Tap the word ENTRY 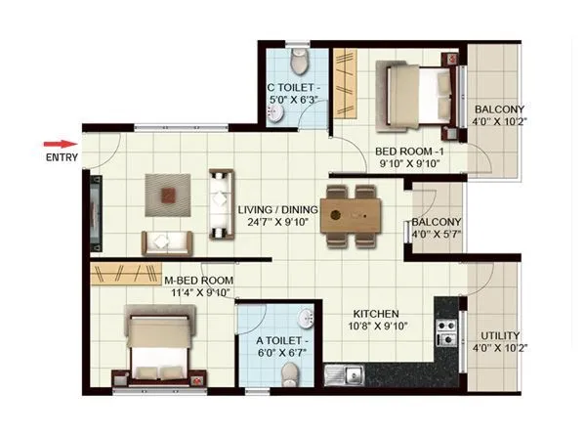coord(62,157)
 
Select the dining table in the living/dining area coord(350,214)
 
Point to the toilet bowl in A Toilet coord(287,373)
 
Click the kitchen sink coord(346,372)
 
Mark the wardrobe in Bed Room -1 coord(345,84)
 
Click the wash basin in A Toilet coord(306,320)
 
